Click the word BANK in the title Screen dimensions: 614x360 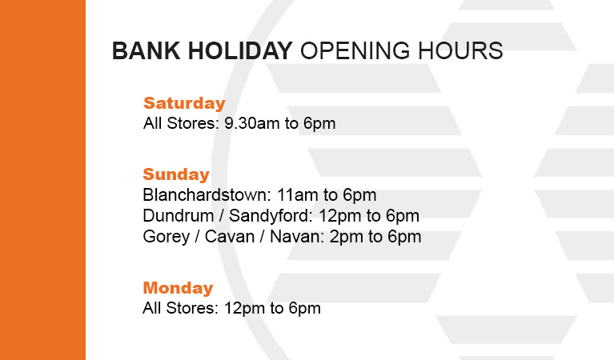[146, 51]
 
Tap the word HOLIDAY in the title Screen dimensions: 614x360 [240, 51]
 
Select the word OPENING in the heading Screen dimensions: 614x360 [355, 51]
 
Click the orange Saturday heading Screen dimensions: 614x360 [184, 103]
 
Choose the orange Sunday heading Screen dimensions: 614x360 [176, 174]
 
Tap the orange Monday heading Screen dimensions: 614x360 [178, 288]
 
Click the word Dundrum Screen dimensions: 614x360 [179, 216]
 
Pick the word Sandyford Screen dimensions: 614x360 [271, 216]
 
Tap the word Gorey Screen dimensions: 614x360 [166, 237]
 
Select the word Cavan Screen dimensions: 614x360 [230, 236]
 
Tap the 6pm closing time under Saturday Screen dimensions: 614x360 [319, 124]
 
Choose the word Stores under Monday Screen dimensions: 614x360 [192, 308]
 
